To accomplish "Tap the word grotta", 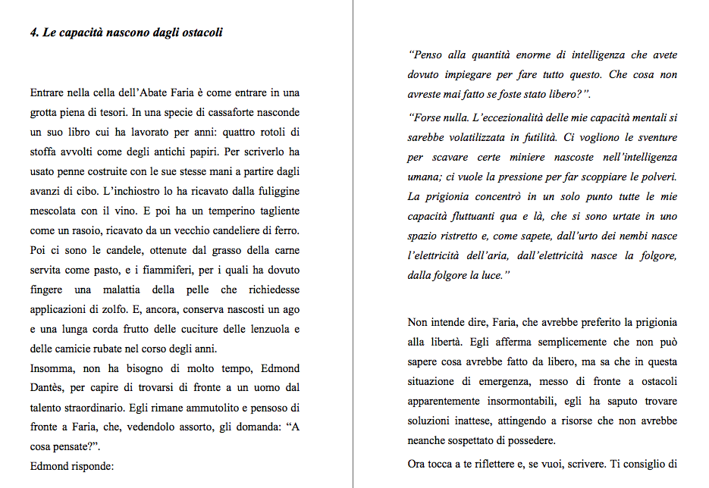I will pos(45,113).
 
